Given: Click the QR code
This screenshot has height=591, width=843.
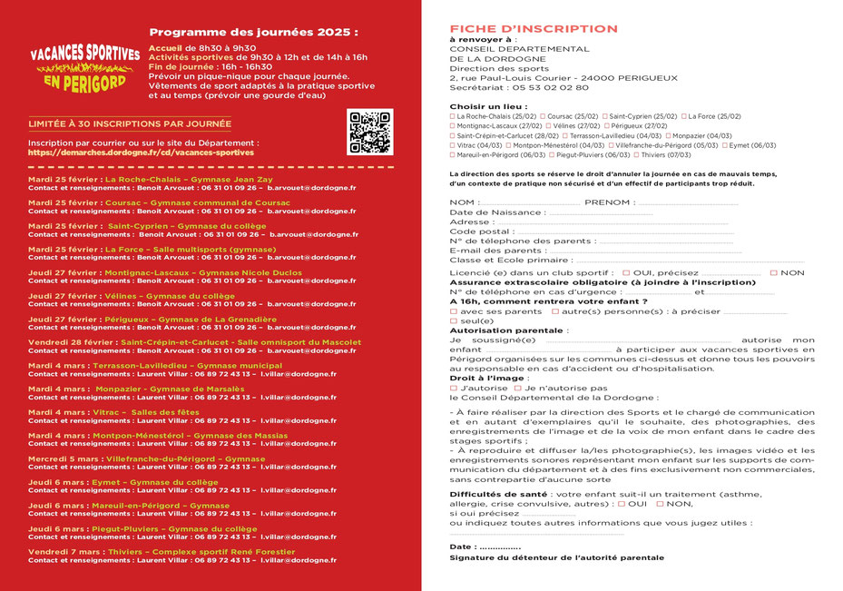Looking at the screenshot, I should pyautogui.click(x=369, y=132).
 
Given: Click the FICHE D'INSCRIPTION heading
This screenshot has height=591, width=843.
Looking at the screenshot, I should pyautogui.click(x=533, y=29).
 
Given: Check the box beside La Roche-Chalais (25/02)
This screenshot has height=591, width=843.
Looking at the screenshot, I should pyautogui.click(x=453, y=116).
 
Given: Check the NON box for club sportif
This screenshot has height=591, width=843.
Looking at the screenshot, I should pyautogui.click(x=774, y=273).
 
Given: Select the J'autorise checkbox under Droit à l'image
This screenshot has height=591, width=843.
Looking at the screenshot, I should pyautogui.click(x=454, y=388).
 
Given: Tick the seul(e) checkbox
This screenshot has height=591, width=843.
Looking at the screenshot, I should pyautogui.click(x=454, y=321).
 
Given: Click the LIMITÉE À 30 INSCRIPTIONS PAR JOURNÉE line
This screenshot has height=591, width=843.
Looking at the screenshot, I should pyautogui.click(x=130, y=123).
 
